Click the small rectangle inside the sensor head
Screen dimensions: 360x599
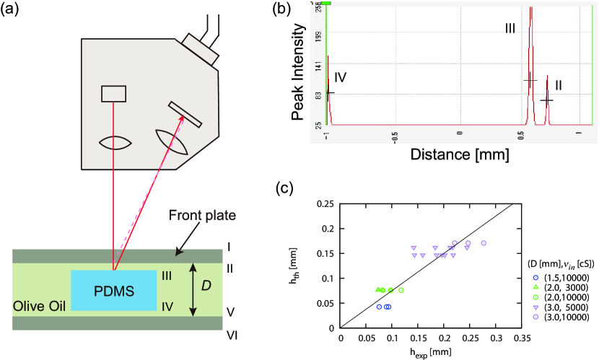tap(113, 94)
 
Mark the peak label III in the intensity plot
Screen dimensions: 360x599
tap(510, 28)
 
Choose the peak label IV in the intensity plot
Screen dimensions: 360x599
tap(341, 76)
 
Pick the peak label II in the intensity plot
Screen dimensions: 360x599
tap(558, 84)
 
